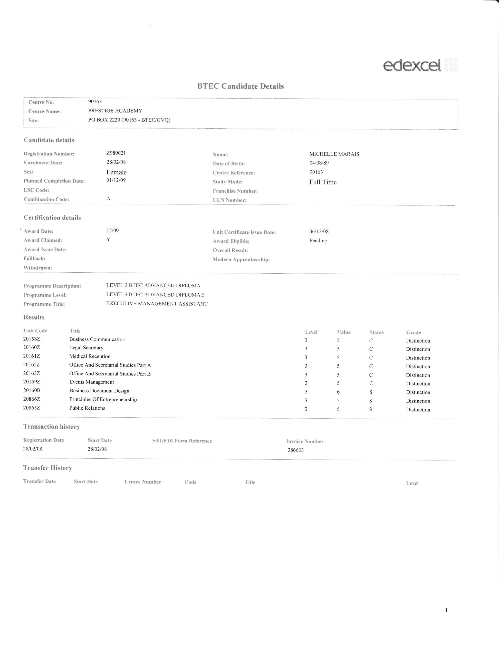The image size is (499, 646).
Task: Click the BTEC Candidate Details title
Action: coord(240,86)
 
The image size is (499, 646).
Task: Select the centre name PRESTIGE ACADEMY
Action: coord(115,111)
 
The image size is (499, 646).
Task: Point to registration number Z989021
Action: coord(116,153)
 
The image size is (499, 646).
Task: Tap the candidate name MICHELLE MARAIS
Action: coord(334,154)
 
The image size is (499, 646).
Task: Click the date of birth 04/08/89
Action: coord(319,163)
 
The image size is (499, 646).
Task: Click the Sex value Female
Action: coord(116,172)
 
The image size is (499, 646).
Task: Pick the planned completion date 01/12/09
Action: coord(116,180)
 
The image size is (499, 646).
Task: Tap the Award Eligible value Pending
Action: coord(318,241)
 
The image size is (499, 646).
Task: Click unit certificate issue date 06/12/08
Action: coord(319,231)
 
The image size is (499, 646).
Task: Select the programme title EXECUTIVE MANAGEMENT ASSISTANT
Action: coord(157,304)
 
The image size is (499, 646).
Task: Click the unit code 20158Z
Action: coord(32,339)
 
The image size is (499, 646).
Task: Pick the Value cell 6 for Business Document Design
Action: coord(338,392)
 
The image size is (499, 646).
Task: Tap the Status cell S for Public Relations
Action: coord(371,409)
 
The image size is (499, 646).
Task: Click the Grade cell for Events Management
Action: coord(418,384)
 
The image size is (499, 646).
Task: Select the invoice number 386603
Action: coord(296,450)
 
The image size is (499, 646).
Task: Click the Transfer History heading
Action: coord(48,468)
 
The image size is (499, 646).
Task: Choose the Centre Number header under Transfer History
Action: coord(143,482)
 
